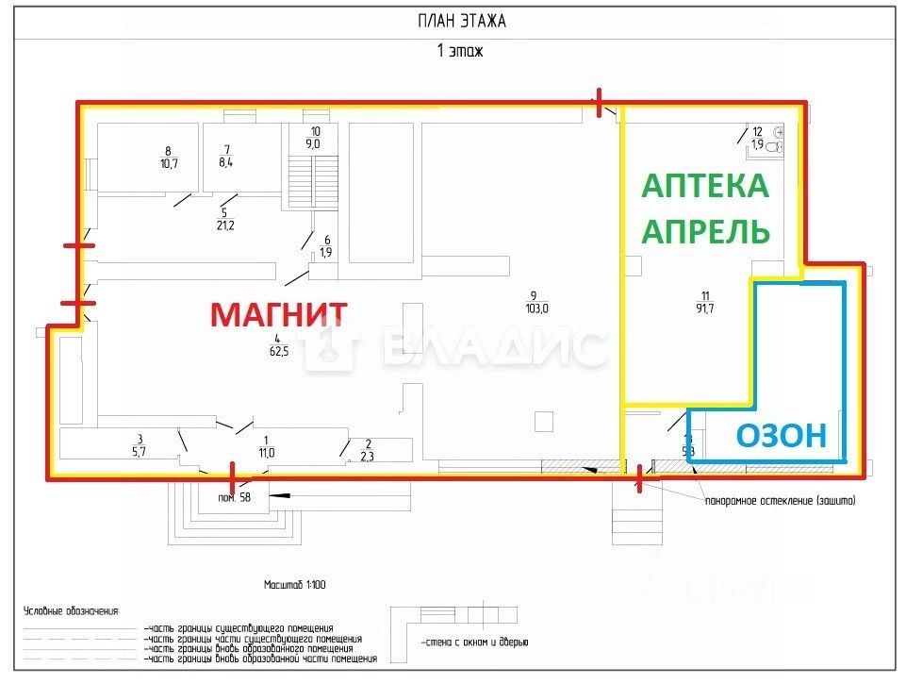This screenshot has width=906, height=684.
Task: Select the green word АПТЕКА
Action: point(705,186)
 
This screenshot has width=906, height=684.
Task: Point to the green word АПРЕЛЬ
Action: point(705,231)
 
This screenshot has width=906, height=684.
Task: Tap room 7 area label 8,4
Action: point(226,162)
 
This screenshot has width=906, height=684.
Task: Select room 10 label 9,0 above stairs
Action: point(313,144)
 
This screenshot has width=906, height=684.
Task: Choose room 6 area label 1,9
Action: point(326,253)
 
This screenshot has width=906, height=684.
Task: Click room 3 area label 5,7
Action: point(140,452)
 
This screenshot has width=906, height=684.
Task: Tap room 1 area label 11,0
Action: point(266,453)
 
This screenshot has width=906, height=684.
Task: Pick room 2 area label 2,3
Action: point(368,456)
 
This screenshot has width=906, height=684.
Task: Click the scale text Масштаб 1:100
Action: point(295,585)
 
